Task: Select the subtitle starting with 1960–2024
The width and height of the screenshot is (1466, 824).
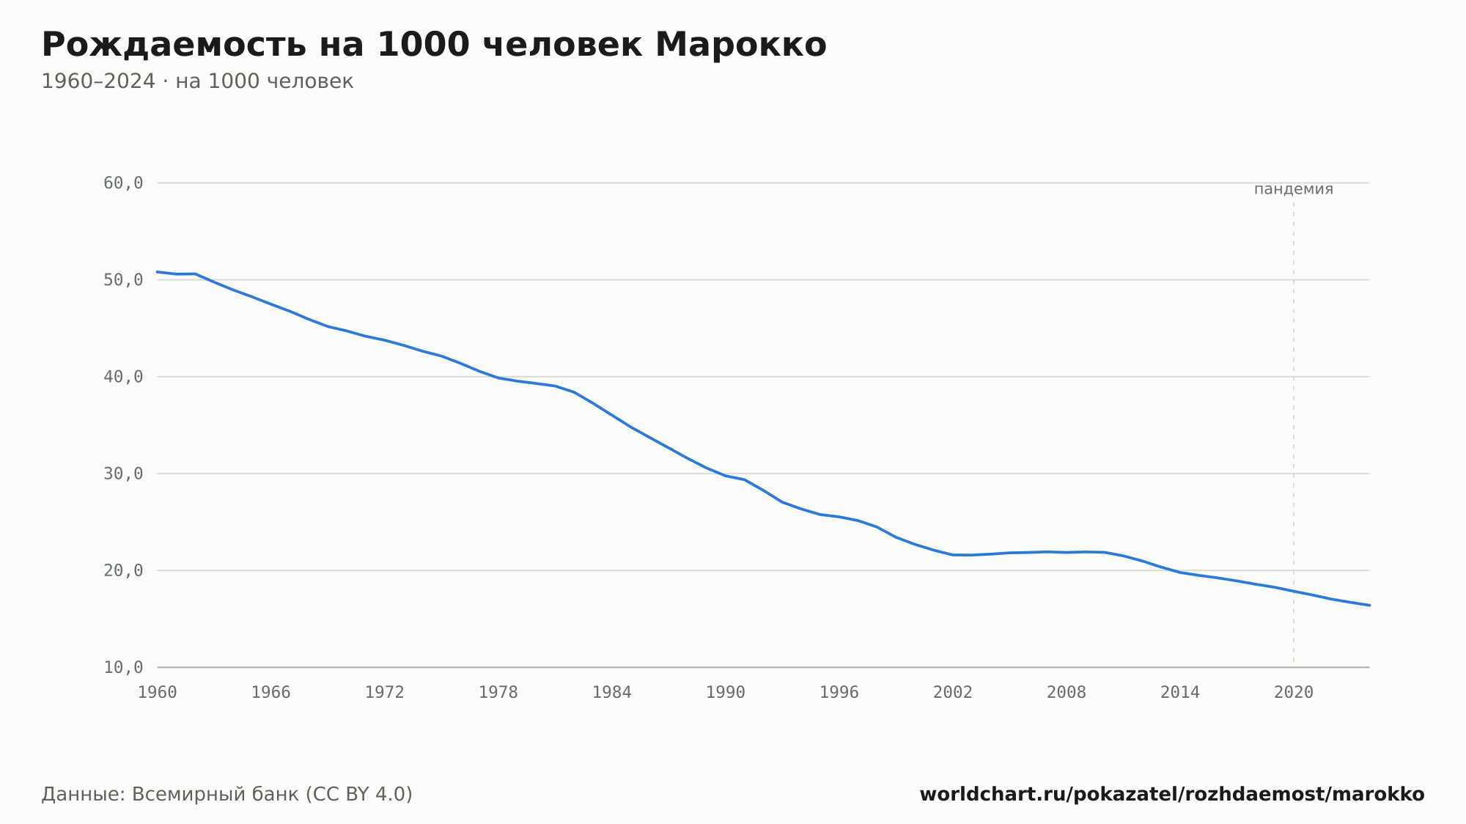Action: pos(197,81)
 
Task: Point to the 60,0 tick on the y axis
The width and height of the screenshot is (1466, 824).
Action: pos(123,183)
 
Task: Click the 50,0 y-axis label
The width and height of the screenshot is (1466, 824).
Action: pos(123,280)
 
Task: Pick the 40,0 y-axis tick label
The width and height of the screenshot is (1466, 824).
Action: pos(123,377)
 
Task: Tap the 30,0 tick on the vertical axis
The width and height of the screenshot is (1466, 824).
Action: pos(123,474)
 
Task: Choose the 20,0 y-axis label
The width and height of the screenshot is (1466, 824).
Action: pos(123,570)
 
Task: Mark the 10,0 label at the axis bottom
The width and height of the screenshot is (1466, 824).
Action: pos(123,667)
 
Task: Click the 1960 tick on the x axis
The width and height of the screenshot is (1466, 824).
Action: pos(158,693)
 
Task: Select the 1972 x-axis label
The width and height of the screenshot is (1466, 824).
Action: pos(385,693)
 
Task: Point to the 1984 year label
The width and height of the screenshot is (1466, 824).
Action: pos(612,693)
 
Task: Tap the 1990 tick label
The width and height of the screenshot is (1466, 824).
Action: pos(726,693)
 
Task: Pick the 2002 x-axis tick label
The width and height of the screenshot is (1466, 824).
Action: pos(953,693)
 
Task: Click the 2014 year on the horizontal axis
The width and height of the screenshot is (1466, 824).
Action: pos(1180,693)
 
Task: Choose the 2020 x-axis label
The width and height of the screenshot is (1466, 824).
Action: pos(1294,693)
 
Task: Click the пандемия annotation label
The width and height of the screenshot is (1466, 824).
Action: pos(1294,189)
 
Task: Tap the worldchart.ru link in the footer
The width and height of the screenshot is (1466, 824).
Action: pos(1172,795)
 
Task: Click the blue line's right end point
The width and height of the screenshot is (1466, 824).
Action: pos(1369,606)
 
